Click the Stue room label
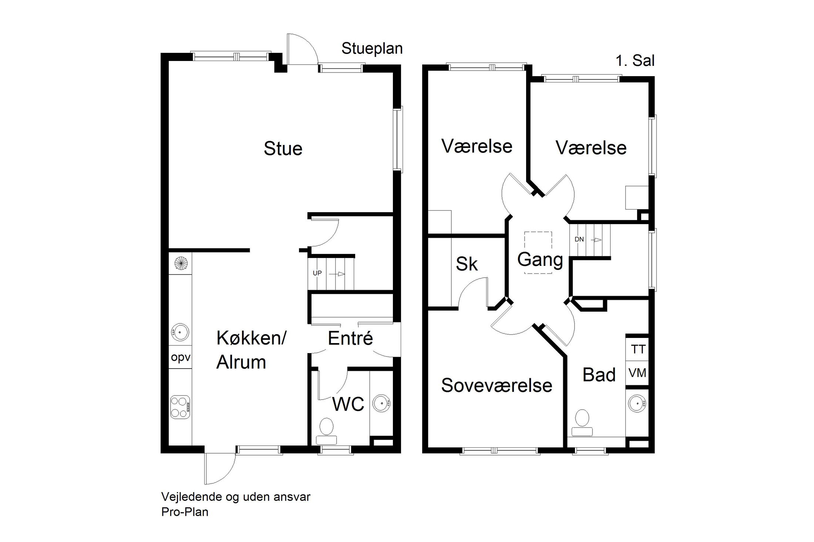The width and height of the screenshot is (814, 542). pyautogui.click(x=283, y=149)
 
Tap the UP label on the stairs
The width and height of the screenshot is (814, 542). pyautogui.click(x=317, y=273)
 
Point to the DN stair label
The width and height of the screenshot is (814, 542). pyautogui.click(x=579, y=240)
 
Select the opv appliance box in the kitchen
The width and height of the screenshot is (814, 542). pyautogui.click(x=181, y=358)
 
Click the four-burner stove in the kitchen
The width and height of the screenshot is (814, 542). pyautogui.click(x=180, y=407)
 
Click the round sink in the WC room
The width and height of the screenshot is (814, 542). pyautogui.click(x=381, y=403)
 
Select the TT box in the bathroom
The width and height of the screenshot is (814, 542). pyautogui.click(x=638, y=349)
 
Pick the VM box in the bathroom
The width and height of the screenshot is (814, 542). pyautogui.click(x=638, y=373)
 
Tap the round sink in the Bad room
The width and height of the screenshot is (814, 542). pyautogui.click(x=637, y=403)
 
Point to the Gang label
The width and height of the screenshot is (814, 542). pyautogui.click(x=540, y=260)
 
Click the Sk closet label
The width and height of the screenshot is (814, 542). pyautogui.click(x=467, y=264)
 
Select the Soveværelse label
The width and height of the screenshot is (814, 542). pyautogui.click(x=497, y=386)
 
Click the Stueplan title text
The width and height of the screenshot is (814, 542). pyautogui.click(x=372, y=49)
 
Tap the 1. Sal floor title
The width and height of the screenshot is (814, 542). pyautogui.click(x=635, y=61)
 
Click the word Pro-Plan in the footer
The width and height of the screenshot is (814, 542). pyautogui.click(x=185, y=512)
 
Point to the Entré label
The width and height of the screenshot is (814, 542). pyautogui.click(x=350, y=339)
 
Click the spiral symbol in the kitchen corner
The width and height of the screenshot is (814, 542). pyautogui.click(x=181, y=263)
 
